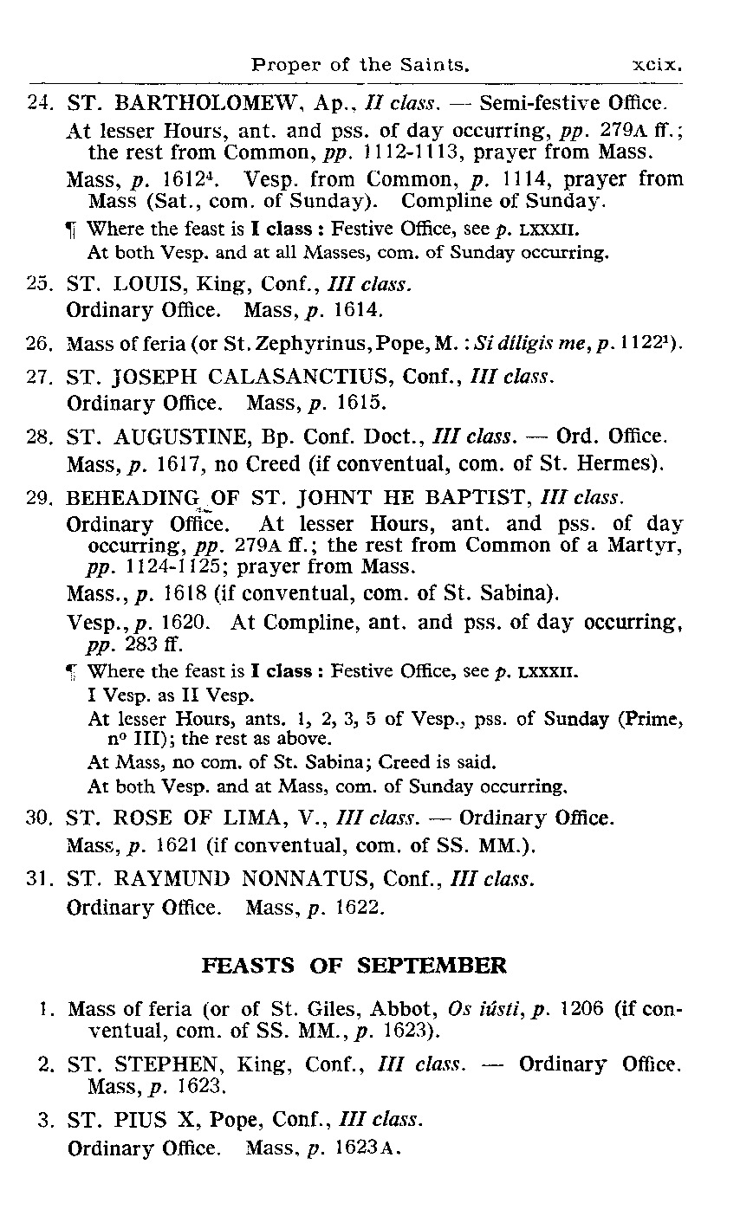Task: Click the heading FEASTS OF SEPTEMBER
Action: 354,966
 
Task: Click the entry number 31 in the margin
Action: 39,879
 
